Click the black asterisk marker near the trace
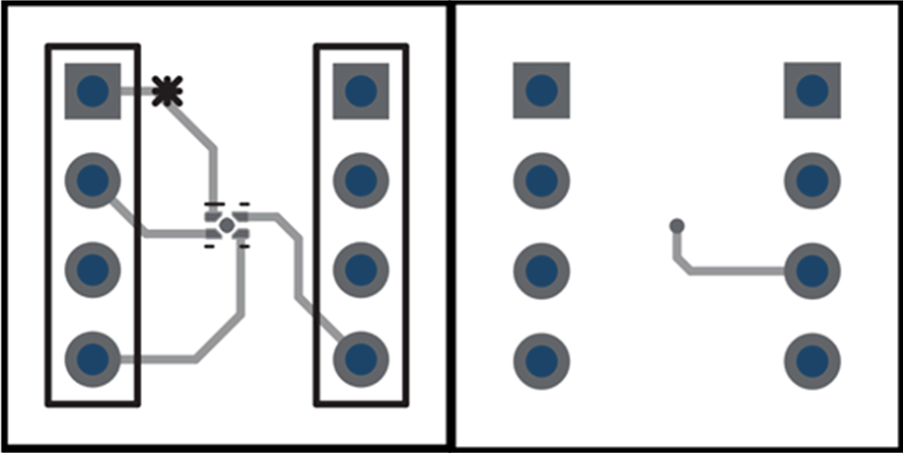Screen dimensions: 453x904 coord(168,92)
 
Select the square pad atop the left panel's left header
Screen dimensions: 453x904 coord(93,91)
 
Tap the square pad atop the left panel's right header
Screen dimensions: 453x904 coord(361,91)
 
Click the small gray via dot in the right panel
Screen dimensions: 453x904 coord(677,226)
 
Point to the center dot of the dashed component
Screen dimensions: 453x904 coord(227,226)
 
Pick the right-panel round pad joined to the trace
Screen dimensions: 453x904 coord(812,269)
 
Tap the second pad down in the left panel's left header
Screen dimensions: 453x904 coord(93,180)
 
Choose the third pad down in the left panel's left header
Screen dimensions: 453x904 coord(93,268)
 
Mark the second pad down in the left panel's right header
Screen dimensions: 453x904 coord(361,180)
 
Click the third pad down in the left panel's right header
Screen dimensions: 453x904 coord(361,268)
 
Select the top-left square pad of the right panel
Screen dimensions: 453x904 coord(541,91)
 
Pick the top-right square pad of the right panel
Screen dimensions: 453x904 coord(812,91)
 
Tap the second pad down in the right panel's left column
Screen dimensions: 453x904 coord(541,180)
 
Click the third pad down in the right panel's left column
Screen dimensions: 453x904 coord(541,268)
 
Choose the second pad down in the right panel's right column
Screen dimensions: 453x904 coord(812,180)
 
